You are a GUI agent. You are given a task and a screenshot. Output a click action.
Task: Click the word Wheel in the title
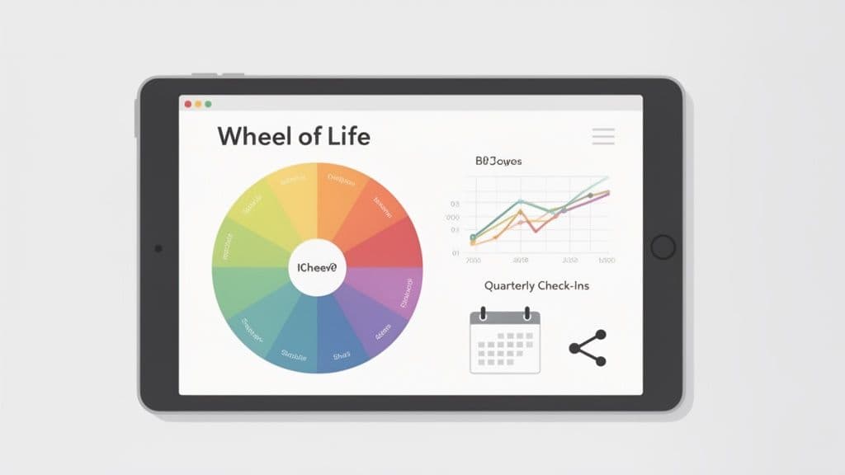pos(252,136)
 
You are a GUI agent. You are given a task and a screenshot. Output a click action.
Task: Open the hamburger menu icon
pos(603,136)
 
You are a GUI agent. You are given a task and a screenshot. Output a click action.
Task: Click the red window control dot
pos(188,104)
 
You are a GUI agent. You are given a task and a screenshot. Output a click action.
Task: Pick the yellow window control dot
pos(198,104)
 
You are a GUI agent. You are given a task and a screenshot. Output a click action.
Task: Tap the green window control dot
pos(208,104)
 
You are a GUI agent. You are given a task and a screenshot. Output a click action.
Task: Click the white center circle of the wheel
pos(318,267)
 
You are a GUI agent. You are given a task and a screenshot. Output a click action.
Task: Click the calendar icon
pos(504,342)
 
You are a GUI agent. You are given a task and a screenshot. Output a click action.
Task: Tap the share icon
pos(588,348)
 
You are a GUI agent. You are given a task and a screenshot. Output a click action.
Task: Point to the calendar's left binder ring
pos(484,314)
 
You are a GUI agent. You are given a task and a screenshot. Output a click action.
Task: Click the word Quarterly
pos(512,286)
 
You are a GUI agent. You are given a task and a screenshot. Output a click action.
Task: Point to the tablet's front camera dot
pos(158,247)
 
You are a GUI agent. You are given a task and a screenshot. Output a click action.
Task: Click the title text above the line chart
pos(498,162)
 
